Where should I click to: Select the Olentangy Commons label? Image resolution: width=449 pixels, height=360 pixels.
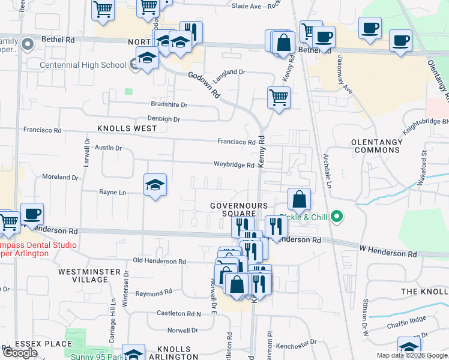377,146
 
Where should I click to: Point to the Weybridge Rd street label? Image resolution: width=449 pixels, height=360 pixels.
234,165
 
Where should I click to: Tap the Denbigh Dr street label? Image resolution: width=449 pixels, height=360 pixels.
164,119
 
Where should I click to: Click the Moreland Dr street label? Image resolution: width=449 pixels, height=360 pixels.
60,178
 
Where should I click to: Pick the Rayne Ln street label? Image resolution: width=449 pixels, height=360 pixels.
112,193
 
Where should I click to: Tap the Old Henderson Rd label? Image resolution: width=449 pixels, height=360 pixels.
159,262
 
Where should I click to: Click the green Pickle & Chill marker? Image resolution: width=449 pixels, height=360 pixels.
337,216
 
